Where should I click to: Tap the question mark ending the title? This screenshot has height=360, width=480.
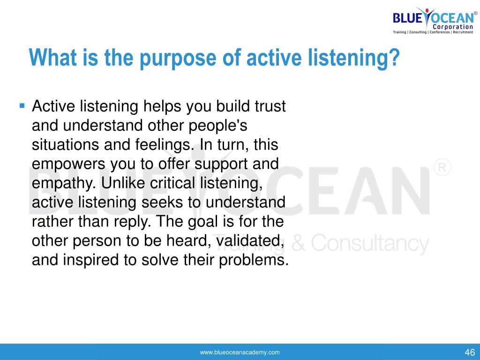395,57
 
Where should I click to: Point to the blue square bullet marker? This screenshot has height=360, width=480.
22,106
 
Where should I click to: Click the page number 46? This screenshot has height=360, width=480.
470,352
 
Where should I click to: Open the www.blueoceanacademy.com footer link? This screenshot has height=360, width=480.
240,352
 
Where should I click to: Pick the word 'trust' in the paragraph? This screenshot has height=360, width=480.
270,106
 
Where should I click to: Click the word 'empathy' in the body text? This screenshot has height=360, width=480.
64,184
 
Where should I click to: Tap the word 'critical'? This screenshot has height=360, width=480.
172,183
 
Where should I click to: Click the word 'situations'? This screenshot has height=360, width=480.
66,144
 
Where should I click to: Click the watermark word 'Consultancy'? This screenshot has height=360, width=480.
370,244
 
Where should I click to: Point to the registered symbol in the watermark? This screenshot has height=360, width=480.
442,167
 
